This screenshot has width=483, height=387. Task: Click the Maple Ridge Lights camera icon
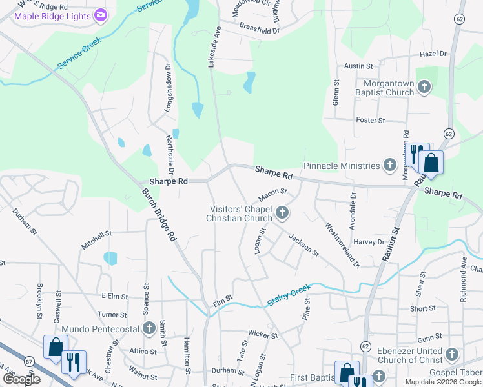click(100, 15)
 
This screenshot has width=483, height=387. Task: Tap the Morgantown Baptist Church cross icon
click(424, 86)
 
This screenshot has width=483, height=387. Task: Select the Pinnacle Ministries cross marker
click(389, 166)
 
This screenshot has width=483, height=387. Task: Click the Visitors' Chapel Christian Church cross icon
click(282, 212)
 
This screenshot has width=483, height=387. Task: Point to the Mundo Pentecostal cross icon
click(149, 328)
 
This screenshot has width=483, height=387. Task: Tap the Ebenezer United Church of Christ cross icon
click(451, 354)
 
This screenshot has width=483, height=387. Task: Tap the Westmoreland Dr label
click(342, 246)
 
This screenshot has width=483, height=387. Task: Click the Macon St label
click(272, 193)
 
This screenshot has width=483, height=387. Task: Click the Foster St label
click(371, 120)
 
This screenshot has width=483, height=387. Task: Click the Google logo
click(21, 379)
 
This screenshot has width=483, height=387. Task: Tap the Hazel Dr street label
click(433, 54)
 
